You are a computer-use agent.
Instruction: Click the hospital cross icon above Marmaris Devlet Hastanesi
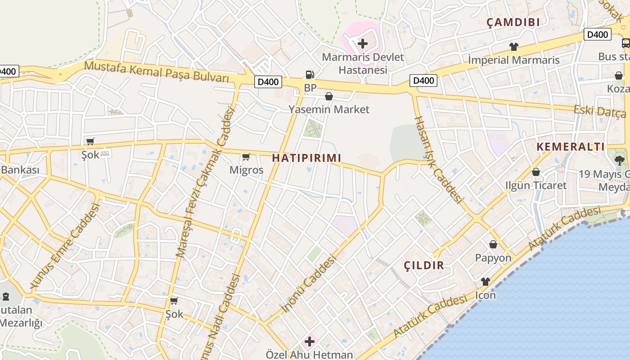(362, 44)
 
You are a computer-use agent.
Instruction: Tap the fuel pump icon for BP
(310, 75)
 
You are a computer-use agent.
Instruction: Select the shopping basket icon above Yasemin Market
(329, 96)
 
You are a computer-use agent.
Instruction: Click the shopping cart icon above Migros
(246, 157)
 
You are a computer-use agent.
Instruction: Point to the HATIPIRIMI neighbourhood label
(306, 158)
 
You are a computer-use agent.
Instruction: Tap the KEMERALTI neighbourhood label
(571, 147)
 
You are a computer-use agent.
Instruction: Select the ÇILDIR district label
(424, 265)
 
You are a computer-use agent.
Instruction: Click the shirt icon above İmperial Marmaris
(513, 47)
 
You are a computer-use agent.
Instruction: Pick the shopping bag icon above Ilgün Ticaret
(535, 172)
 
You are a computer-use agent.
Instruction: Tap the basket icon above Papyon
(493, 244)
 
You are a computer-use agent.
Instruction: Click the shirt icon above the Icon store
(485, 282)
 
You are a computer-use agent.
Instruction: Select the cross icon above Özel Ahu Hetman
(309, 342)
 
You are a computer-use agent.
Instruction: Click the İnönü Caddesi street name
(308, 283)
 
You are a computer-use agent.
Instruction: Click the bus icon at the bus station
(625, 43)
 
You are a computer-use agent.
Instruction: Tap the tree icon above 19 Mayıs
(620, 160)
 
